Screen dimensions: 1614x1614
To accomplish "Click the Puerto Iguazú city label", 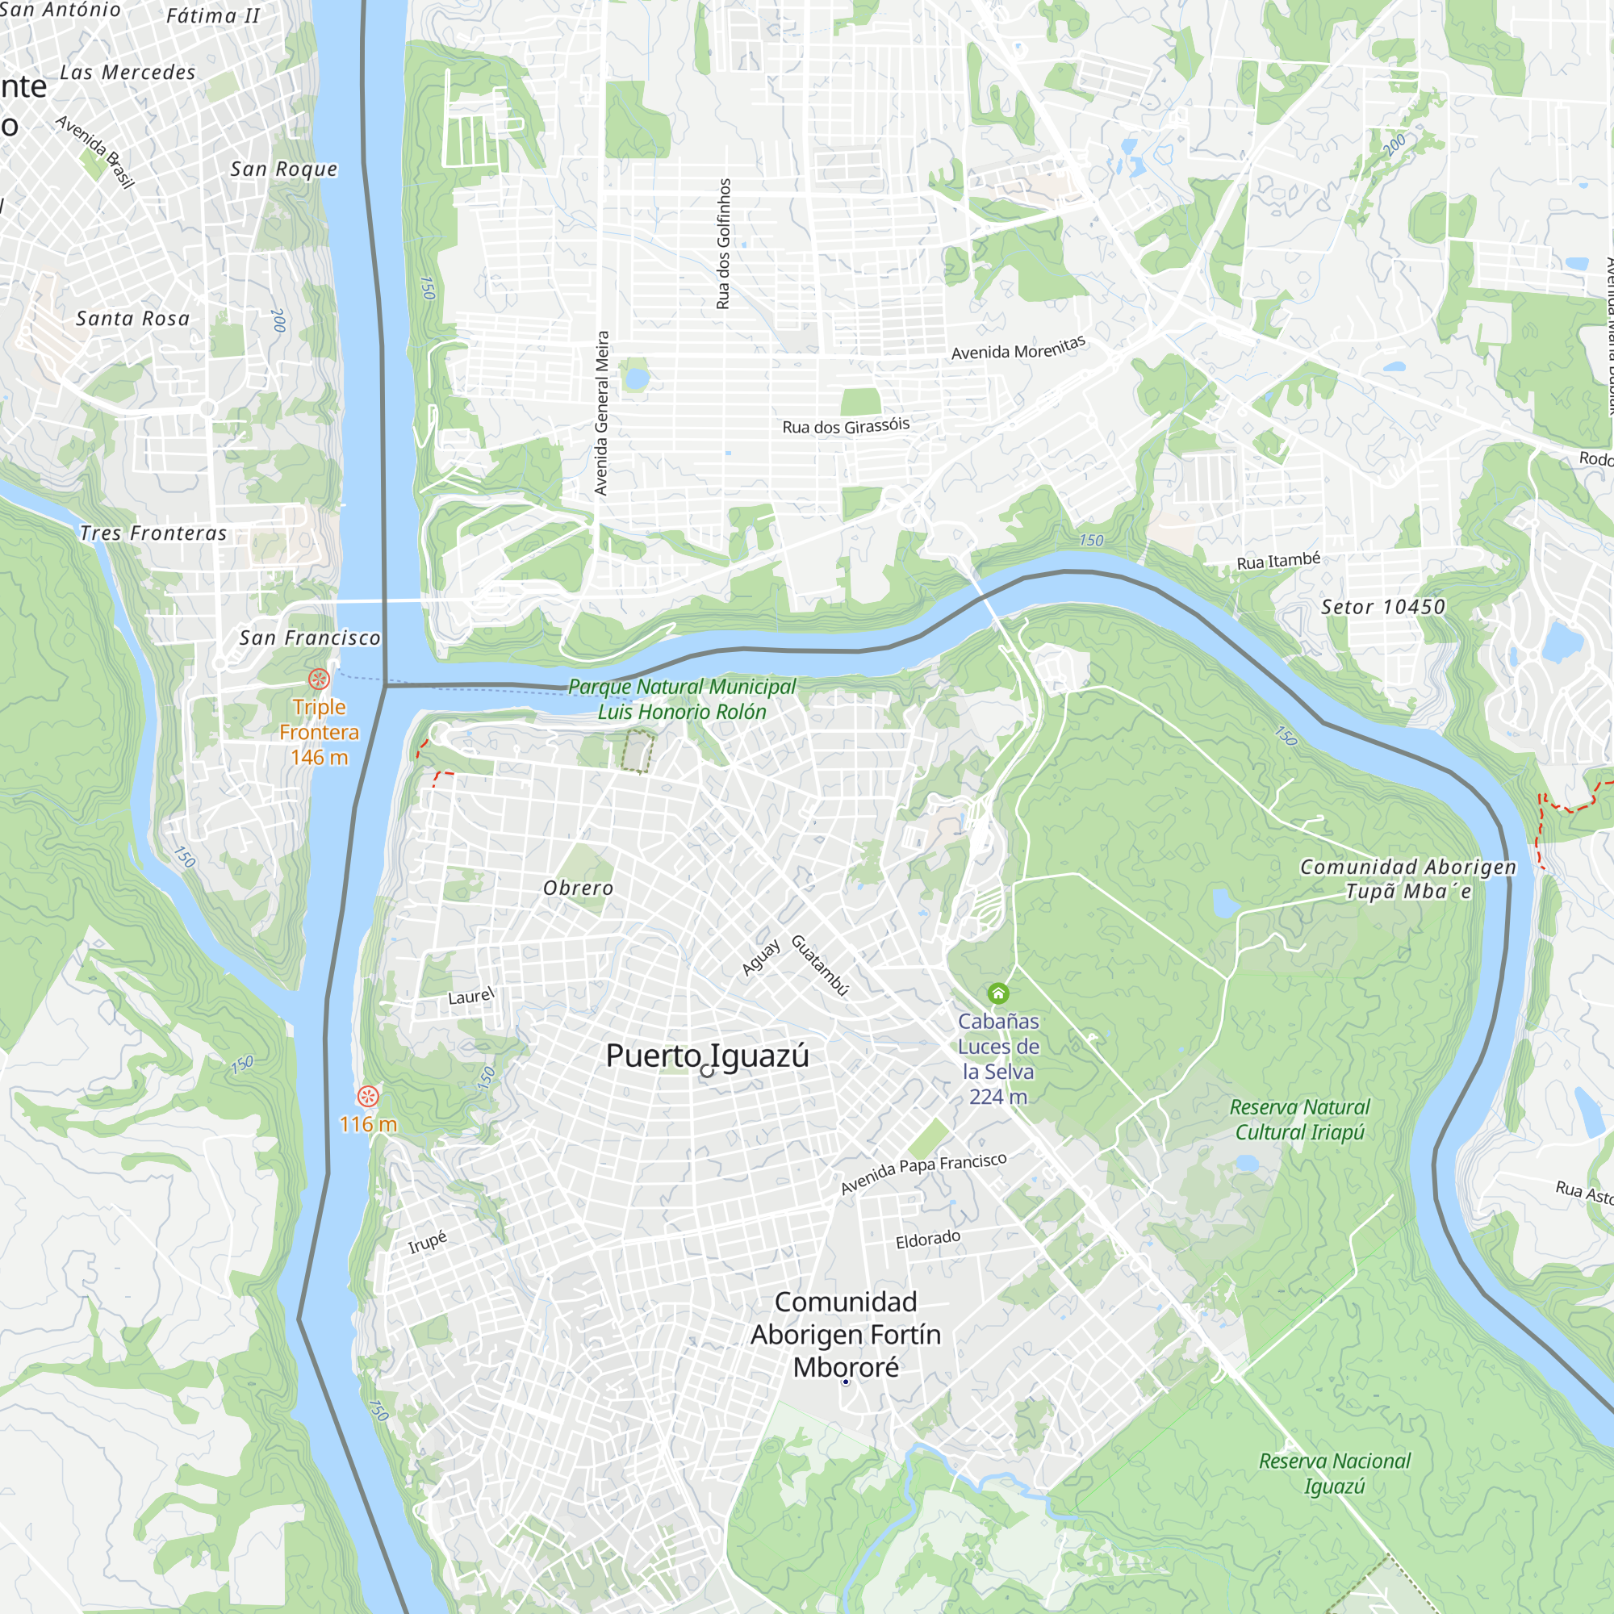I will [x=707, y=1056].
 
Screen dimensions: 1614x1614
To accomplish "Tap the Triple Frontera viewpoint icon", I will [x=319, y=679].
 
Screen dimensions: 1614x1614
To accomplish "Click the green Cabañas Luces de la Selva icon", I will [x=998, y=993].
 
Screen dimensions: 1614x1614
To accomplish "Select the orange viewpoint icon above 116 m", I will [x=367, y=1096].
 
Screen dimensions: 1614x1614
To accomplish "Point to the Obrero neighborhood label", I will [x=578, y=888].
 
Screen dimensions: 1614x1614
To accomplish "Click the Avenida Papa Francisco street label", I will [x=923, y=1173].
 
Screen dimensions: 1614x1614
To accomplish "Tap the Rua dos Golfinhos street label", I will [x=723, y=244].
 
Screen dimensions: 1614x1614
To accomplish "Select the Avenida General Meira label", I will [x=601, y=412].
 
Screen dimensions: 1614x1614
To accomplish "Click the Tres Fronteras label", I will [x=153, y=533].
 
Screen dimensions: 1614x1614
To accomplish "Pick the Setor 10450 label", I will [x=1382, y=607].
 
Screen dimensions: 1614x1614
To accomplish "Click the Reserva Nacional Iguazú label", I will [x=1334, y=1473].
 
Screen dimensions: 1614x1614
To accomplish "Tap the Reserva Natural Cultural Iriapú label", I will [x=1300, y=1119].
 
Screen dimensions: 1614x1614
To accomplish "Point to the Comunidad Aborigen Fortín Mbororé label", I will [x=846, y=1334].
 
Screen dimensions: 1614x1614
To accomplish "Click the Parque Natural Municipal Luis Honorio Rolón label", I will [x=682, y=699].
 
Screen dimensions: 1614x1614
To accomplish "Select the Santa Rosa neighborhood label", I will [x=133, y=318].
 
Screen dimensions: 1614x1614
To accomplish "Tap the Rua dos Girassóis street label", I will [x=846, y=426].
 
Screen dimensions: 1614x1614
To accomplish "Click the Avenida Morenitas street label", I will [x=1018, y=348].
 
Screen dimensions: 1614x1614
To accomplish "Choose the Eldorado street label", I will [x=927, y=1239].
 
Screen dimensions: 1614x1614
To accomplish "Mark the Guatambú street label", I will [x=821, y=965].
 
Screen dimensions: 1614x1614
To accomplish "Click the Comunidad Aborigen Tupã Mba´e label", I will [x=1407, y=879].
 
